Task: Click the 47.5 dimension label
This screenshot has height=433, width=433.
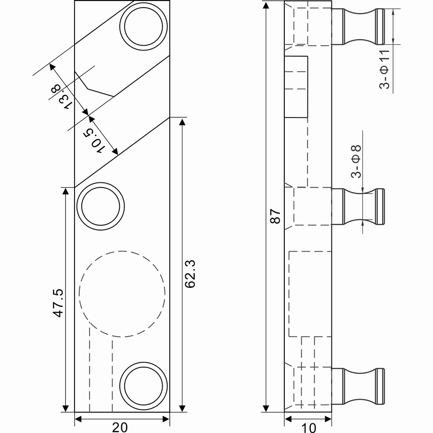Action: (x=58, y=303)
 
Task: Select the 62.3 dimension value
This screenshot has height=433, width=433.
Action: (x=191, y=274)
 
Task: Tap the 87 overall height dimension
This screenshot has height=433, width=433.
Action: (x=275, y=216)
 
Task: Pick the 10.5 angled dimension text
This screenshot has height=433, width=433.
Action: (x=95, y=140)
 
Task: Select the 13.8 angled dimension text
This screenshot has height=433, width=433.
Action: (x=62, y=95)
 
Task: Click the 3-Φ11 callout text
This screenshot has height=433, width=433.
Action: (x=385, y=69)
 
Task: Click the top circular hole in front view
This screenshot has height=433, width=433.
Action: (x=144, y=25)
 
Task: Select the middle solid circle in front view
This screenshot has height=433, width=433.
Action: (x=101, y=207)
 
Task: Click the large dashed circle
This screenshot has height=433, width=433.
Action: (x=122, y=293)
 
